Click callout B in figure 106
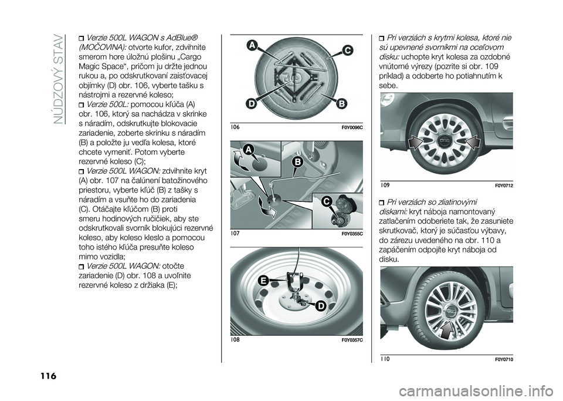[x=341, y=104]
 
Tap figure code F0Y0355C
[x=351, y=234]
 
